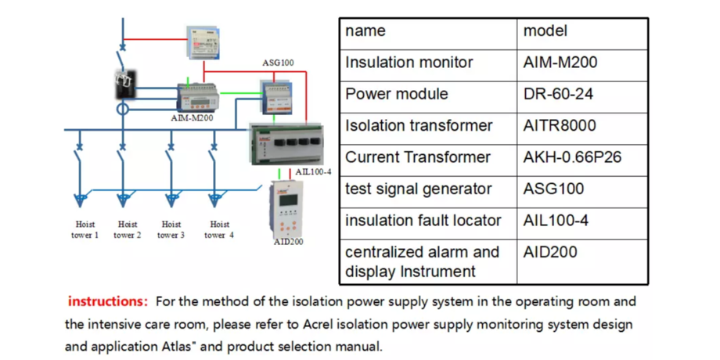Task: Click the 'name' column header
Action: (365, 31)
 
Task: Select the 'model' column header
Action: (545, 31)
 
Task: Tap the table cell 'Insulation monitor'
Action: (409, 63)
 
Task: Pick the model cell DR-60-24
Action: (558, 94)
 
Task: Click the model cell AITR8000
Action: (560, 126)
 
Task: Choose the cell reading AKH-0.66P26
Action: (572, 157)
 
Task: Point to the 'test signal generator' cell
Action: (418, 189)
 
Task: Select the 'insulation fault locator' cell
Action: (423, 221)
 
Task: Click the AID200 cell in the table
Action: (550, 252)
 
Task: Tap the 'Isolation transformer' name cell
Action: (419, 126)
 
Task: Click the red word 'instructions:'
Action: (107, 301)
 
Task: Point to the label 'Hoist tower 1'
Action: (86, 229)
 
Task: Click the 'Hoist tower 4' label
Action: (220, 229)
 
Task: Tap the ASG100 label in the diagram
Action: (278, 62)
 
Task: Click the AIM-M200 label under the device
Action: (192, 118)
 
